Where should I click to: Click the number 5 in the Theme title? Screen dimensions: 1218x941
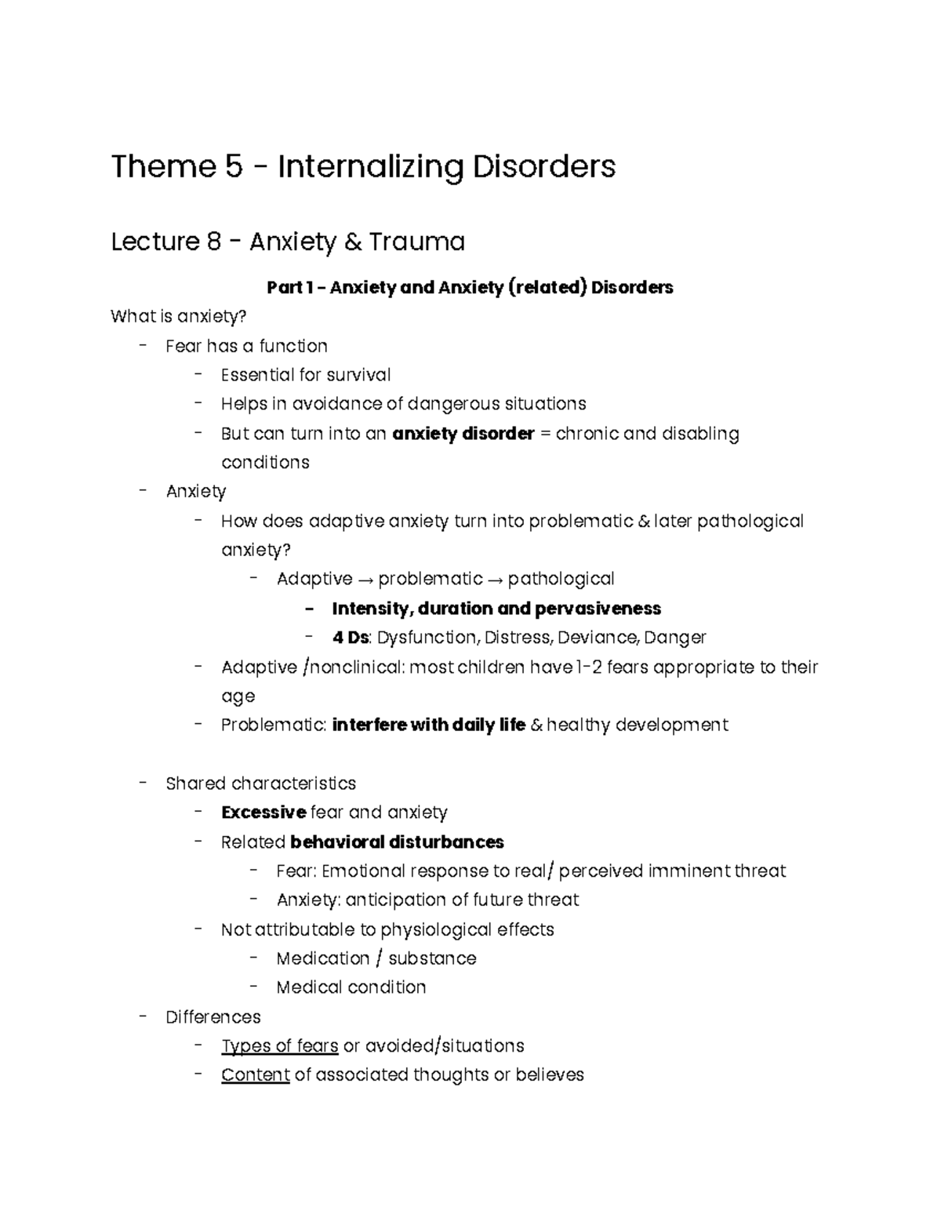click(x=233, y=166)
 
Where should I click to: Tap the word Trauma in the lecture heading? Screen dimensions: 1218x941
click(x=416, y=242)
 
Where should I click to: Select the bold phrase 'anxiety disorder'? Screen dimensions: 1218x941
click(x=463, y=434)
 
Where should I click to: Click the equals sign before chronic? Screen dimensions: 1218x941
click(x=546, y=434)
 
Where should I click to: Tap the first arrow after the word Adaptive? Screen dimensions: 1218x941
click(x=365, y=580)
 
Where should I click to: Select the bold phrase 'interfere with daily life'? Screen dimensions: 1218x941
click(x=428, y=725)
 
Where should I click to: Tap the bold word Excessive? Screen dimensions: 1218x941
click(x=263, y=813)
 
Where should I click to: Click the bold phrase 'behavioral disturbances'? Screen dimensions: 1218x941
click(x=397, y=842)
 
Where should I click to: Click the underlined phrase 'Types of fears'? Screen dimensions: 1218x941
click(x=280, y=1046)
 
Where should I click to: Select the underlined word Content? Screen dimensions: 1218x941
click(x=256, y=1075)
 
